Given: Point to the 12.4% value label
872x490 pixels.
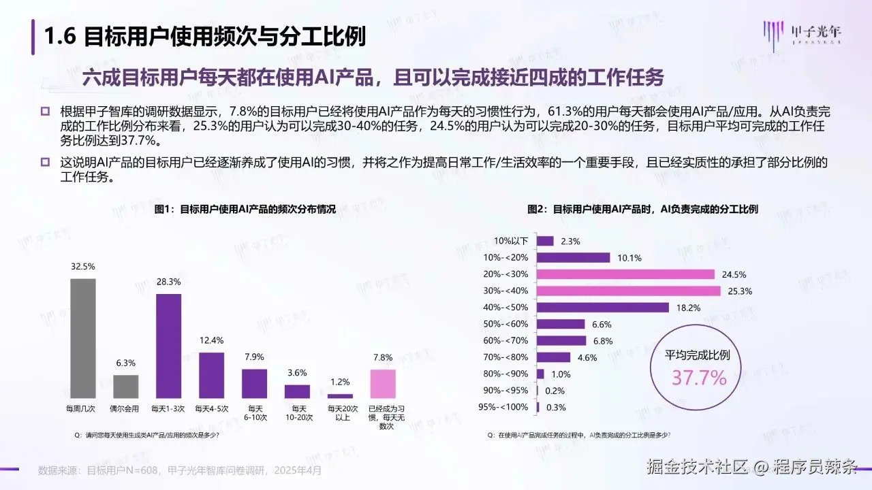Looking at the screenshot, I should pyautogui.click(x=211, y=340).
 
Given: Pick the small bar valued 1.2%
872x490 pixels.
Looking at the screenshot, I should pyautogui.click(x=340, y=395).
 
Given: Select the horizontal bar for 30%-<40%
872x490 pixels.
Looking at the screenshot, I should pyautogui.click(x=628, y=291).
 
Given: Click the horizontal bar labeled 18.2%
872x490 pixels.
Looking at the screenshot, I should pyautogui.click(x=602, y=308).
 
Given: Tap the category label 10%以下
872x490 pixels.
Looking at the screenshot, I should pyautogui.click(x=511, y=241).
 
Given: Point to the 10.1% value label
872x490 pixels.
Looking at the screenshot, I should pyautogui.click(x=628, y=257).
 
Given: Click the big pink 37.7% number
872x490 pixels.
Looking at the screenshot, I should pyautogui.click(x=699, y=378).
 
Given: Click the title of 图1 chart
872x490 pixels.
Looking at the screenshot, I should pyautogui.click(x=245, y=210).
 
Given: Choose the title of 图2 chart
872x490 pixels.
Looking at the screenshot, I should pyautogui.click(x=642, y=210).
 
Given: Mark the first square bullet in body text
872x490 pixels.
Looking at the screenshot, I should pyautogui.click(x=45, y=111).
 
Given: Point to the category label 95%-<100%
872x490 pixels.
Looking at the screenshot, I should pyautogui.click(x=503, y=408).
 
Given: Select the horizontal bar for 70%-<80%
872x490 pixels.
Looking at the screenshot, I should pyautogui.click(x=553, y=357).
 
